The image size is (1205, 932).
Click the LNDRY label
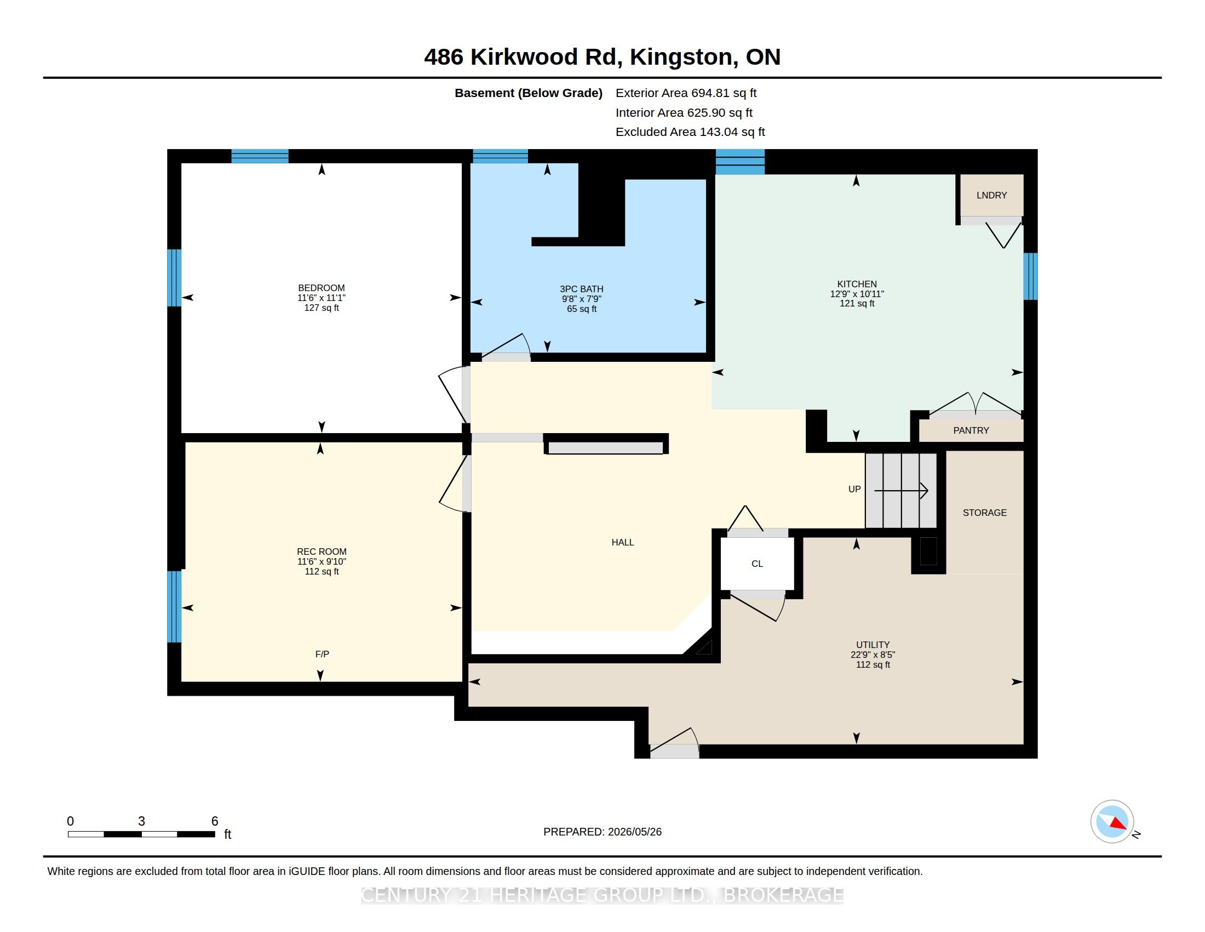pyautogui.click(x=991, y=196)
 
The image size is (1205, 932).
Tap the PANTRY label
pyautogui.click(x=971, y=431)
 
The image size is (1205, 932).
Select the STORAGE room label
pyautogui.click(x=985, y=513)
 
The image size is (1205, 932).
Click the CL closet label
pyautogui.click(x=757, y=564)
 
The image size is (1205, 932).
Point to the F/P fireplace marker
pyautogui.click(x=322, y=654)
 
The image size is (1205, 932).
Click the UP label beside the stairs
pyautogui.click(x=854, y=489)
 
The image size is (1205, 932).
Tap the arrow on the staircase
pyautogui.click(x=901, y=490)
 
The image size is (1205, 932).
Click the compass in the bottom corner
pyautogui.click(x=1112, y=822)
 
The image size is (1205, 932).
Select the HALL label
pyautogui.click(x=623, y=543)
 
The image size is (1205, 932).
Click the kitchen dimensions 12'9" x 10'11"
pyautogui.click(x=857, y=294)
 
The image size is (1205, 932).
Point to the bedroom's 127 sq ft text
pyautogui.click(x=322, y=308)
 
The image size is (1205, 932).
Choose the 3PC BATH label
pyautogui.click(x=582, y=289)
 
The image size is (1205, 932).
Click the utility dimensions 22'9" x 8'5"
pyautogui.click(x=873, y=655)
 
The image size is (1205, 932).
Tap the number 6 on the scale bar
pyautogui.click(x=215, y=821)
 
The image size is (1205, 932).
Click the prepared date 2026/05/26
pyautogui.click(x=634, y=832)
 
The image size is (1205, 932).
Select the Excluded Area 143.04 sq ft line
pyautogui.click(x=690, y=132)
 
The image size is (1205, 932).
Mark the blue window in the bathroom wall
pyautogui.click(x=501, y=156)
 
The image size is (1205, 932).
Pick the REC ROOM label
pyautogui.click(x=322, y=552)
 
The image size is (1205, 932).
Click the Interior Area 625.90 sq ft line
pyautogui.click(x=684, y=112)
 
